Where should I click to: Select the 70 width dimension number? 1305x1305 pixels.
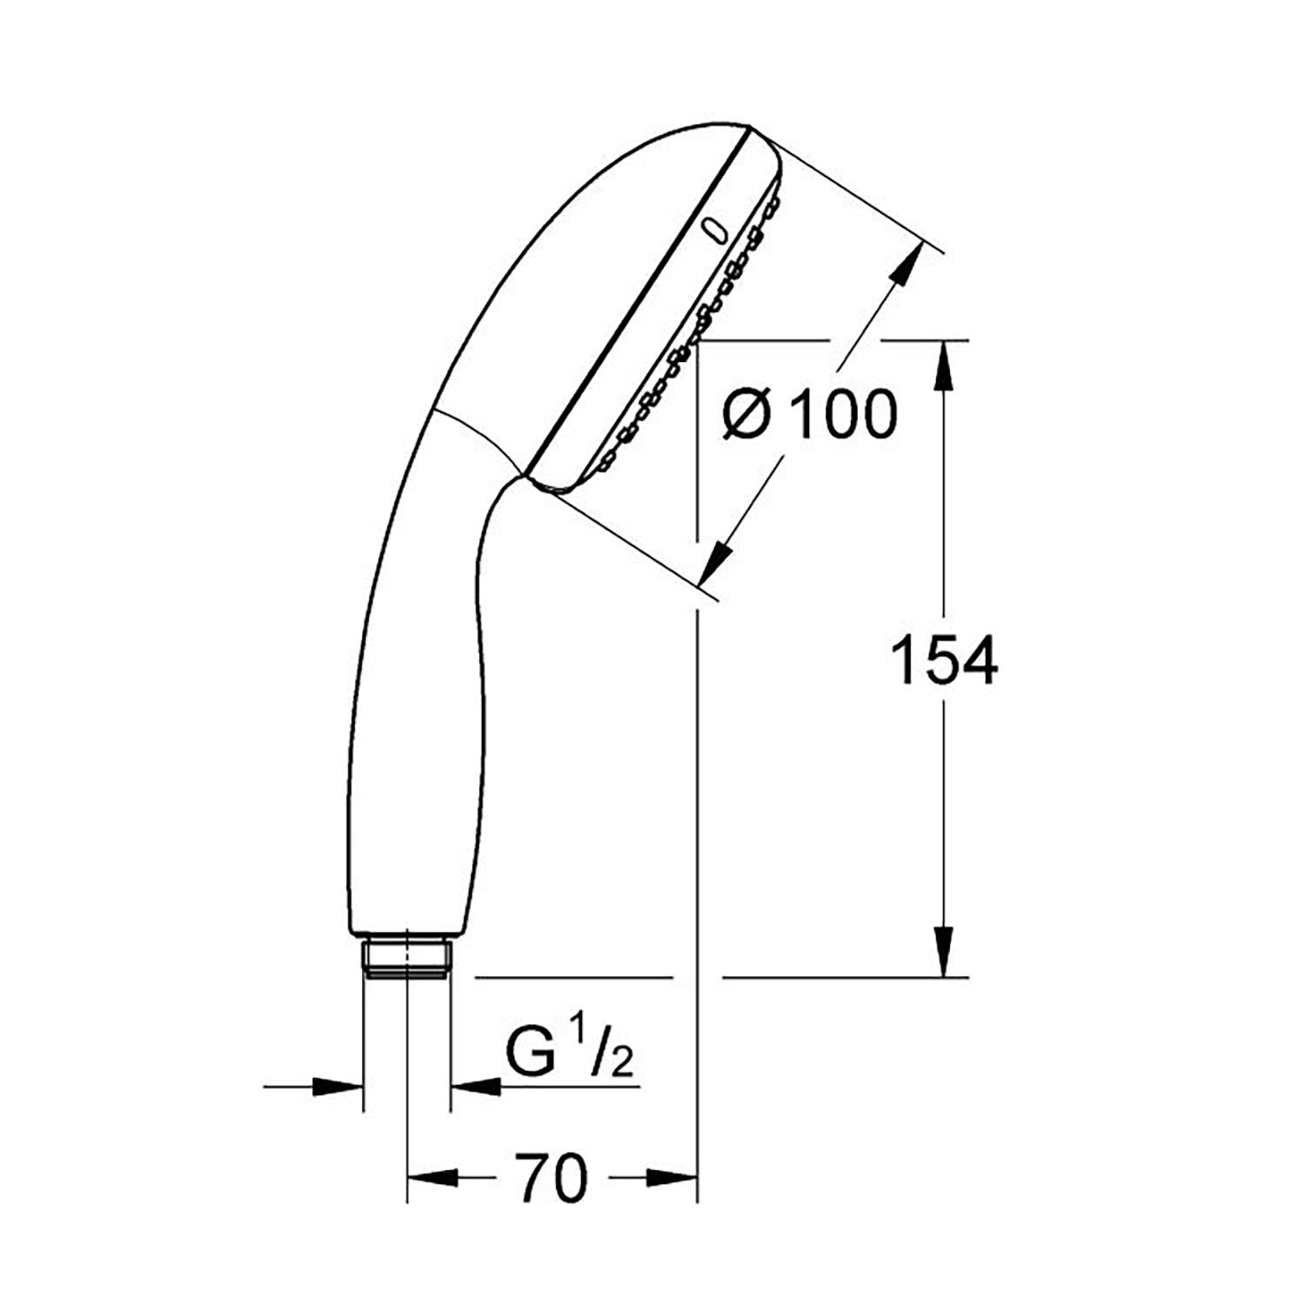552,1178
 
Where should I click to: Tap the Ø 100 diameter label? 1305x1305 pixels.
809,414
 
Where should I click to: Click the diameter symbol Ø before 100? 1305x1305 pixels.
748,415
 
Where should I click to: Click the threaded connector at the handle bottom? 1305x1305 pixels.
406,958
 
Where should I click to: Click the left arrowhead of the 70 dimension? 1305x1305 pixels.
435,1178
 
